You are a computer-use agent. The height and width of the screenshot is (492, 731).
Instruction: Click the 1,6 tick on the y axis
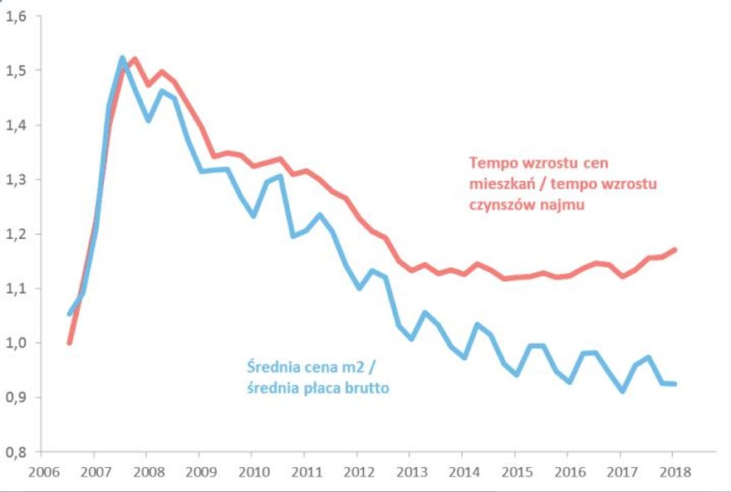17,17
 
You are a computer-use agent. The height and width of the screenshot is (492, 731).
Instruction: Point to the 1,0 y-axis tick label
17,343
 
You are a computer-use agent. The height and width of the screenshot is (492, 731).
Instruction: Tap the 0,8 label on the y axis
17,451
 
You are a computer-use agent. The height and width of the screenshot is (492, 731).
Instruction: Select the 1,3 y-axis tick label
17,179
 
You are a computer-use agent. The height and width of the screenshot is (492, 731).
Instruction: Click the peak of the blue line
122,58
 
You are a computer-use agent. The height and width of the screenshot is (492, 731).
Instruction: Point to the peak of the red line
135,59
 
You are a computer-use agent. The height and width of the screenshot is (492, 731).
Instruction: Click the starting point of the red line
70,342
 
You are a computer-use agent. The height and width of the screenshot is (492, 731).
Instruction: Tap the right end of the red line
675,249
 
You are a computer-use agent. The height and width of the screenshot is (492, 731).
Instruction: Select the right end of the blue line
675,384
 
